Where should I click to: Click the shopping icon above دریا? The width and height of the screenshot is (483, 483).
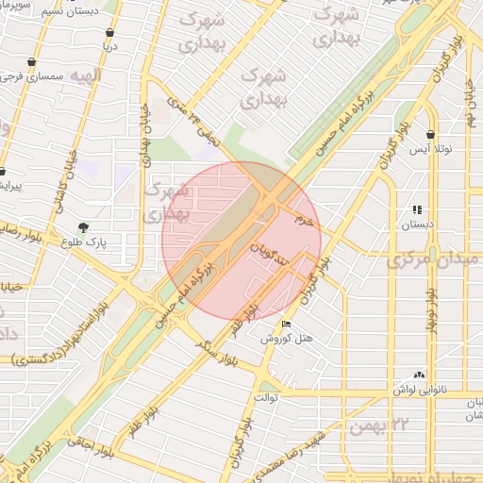[x=111, y=32]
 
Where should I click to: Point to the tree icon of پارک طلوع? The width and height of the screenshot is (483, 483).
[x=83, y=227]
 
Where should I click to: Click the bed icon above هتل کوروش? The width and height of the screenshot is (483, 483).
[x=287, y=325]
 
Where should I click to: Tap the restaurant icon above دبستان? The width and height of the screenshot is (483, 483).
[x=417, y=210]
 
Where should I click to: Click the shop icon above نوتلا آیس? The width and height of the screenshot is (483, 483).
[x=431, y=135]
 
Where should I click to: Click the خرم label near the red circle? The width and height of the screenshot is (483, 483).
[x=303, y=219]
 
